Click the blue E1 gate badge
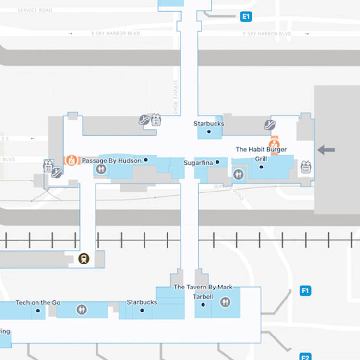246,17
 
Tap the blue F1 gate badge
305,290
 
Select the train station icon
84,259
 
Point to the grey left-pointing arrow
326,150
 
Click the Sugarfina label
198,163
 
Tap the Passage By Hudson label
111,160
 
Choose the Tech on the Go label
38,303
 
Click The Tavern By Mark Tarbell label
203,292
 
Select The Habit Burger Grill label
261,154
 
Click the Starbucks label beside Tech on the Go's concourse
142,302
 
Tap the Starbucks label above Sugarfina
209,124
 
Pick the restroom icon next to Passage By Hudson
101,168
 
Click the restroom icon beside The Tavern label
225,302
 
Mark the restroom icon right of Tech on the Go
82,310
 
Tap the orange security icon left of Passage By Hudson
72,160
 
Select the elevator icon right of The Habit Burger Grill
306,167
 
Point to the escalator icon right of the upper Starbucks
270,125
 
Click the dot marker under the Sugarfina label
217,163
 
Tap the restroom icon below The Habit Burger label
239,174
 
